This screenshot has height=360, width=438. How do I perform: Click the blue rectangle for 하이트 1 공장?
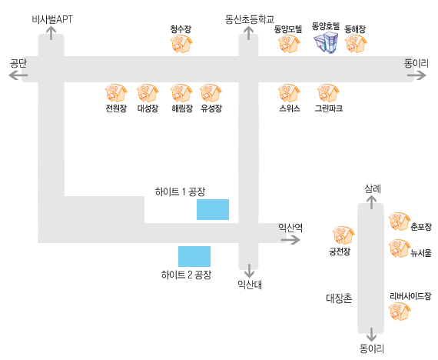click(213, 209)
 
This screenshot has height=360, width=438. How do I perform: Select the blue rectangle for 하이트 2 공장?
click(194, 256)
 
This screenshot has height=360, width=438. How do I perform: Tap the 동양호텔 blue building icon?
click(326, 42)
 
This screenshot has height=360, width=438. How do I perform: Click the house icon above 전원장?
click(116, 93)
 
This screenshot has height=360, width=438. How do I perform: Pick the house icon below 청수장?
click(181, 44)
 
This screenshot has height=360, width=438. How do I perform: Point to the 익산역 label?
click(290, 228)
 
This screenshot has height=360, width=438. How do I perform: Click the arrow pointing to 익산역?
click(290, 240)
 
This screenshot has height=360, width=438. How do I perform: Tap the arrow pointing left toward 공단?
click(18, 75)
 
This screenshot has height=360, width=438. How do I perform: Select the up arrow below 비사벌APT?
click(51, 33)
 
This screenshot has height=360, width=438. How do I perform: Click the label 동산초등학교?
click(250, 19)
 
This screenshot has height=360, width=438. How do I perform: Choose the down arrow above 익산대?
click(249, 271)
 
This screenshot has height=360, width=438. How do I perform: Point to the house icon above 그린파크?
click(328, 93)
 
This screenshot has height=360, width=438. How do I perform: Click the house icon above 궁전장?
click(343, 235)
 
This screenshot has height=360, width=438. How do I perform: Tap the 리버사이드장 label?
click(410, 296)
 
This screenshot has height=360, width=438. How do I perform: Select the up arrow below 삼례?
click(371, 202)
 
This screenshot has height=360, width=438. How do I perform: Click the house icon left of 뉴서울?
click(400, 248)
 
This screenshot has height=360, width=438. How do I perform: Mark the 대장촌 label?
click(339, 298)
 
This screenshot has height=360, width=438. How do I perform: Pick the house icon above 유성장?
click(211, 93)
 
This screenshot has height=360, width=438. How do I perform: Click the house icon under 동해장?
click(356, 44)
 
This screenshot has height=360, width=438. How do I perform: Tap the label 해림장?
click(182, 108)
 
